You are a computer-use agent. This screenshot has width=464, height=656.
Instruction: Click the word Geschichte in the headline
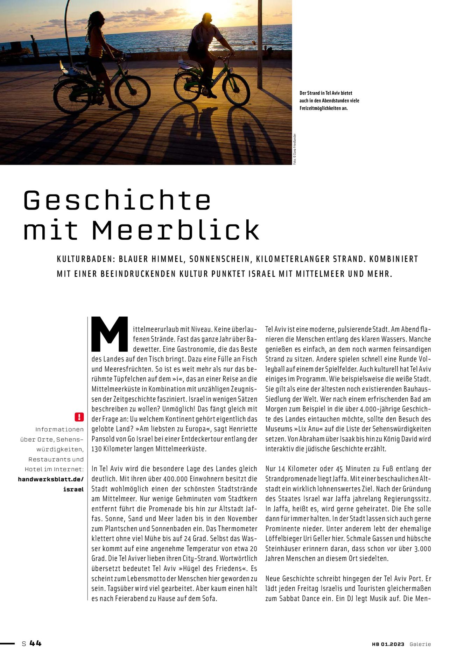pyautogui.click(x=117, y=200)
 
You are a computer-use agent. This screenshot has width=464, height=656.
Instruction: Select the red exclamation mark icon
pyautogui.click(x=79, y=417)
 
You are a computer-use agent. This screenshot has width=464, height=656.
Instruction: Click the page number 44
pyautogui.click(x=35, y=643)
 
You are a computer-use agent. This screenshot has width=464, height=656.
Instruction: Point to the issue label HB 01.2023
pyautogui.click(x=388, y=644)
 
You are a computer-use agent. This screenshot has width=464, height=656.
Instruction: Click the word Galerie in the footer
pyautogui.click(x=420, y=644)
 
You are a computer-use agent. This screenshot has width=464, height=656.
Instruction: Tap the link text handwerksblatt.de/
pyautogui.click(x=51, y=479)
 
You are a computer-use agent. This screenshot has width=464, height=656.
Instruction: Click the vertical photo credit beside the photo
pyautogui.click(x=295, y=149)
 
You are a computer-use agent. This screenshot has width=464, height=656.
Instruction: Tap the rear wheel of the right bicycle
pyautogui.click(x=188, y=87)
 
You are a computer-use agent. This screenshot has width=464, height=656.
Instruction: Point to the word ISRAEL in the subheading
pyautogui.click(x=262, y=274)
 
